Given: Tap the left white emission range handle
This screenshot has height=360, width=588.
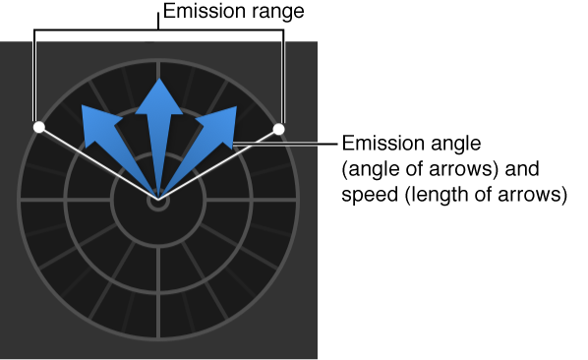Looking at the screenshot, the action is [x=38, y=128].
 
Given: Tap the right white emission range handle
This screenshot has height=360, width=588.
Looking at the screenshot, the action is [x=278, y=129].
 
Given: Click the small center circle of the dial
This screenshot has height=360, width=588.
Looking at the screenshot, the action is [x=157, y=202].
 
